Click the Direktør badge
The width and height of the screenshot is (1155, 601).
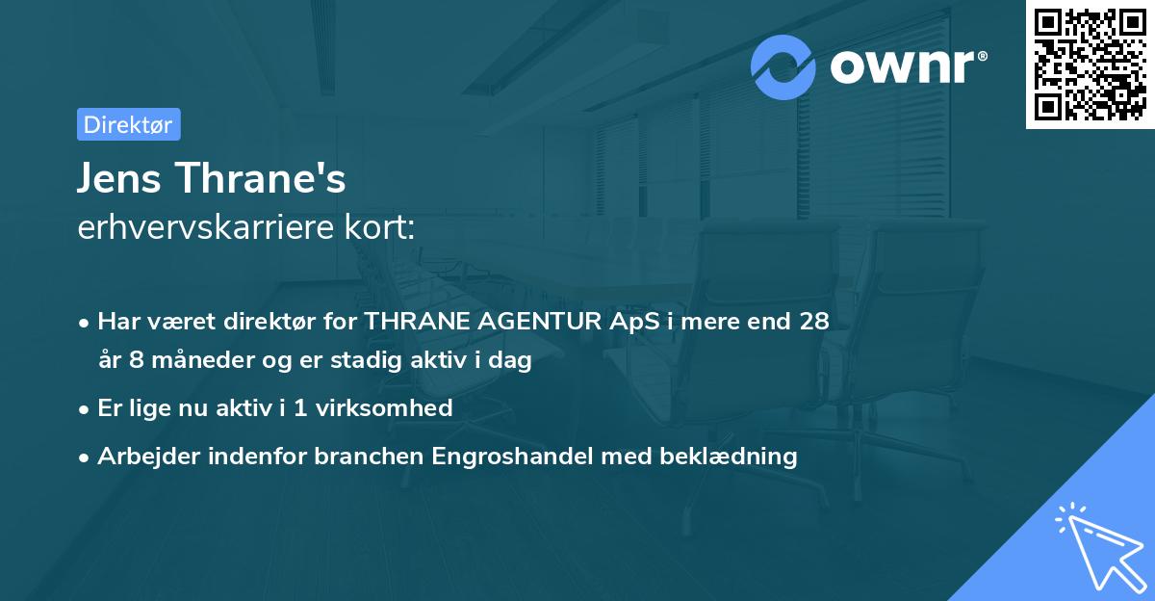[x=128, y=124]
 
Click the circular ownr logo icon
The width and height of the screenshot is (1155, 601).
[x=783, y=67]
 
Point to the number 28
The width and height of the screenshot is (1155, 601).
[x=813, y=322]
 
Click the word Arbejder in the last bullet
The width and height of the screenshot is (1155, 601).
[x=141, y=456]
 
